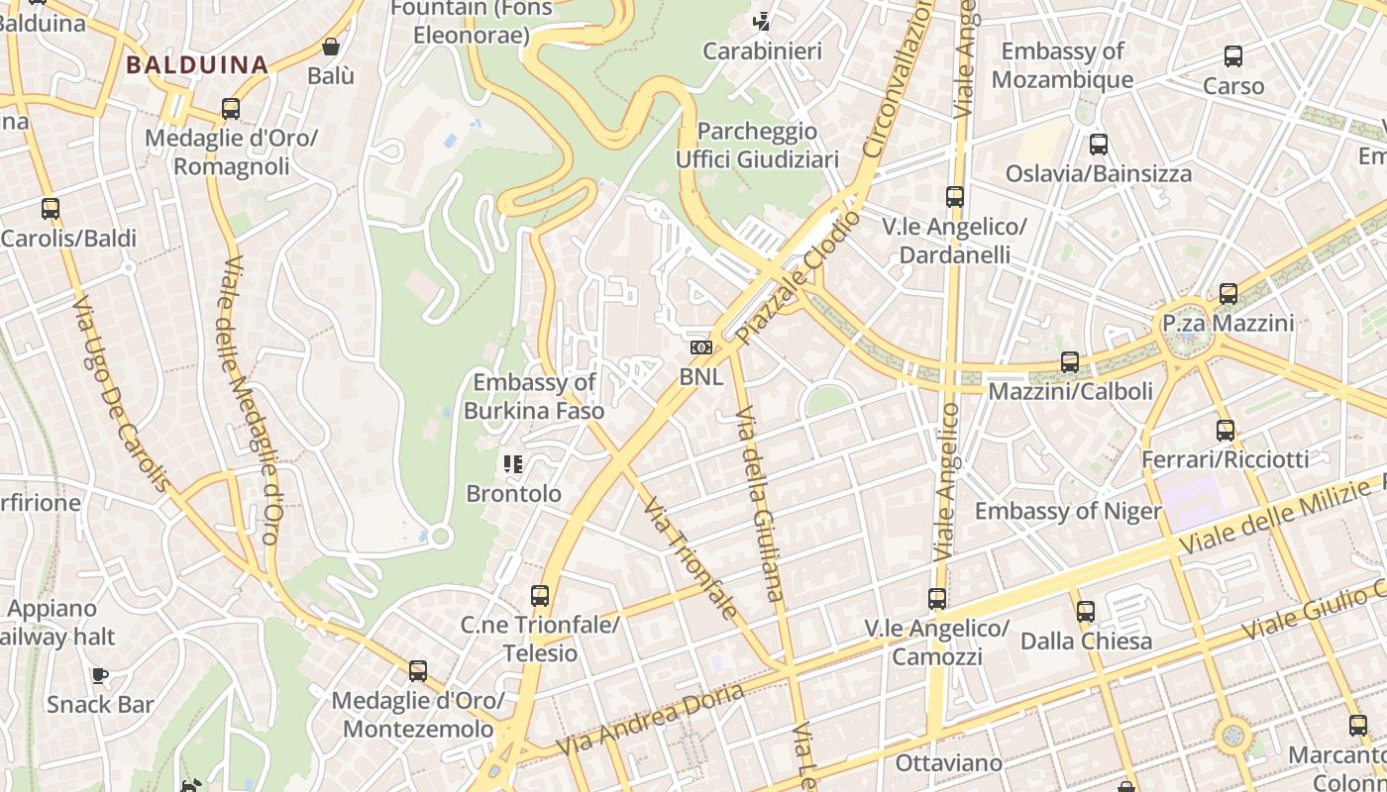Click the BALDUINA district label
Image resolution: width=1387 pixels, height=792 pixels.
tap(197, 65)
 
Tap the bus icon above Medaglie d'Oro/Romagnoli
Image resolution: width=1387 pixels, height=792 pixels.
tap(231, 109)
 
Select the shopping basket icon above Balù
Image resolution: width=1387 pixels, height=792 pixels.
tap(331, 47)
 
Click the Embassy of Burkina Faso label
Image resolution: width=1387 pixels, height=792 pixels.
tap(534, 396)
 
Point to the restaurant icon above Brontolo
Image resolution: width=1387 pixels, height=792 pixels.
tap(512, 463)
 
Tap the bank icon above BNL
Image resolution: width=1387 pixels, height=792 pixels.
tap(701, 347)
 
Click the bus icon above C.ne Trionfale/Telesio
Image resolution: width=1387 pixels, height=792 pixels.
tap(540, 596)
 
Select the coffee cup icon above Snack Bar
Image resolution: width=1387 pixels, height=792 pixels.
tap(100, 676)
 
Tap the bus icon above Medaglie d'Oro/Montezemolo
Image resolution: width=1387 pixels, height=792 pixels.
tap(418, 671)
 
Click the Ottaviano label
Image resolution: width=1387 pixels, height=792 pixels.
tap(935, 763)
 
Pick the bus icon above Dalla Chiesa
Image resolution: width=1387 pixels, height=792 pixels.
tap(1086, 612)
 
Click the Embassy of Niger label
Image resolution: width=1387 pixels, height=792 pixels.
tap(1067, 511)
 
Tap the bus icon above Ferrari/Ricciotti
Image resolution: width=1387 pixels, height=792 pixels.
tap(1226, 431)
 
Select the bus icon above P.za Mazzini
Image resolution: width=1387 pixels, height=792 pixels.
tap(1228, 294)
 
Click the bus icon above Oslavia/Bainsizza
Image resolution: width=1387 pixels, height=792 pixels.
tap(1099, 145)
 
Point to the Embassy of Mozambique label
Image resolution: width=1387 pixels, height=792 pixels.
tap(1062, 65)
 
